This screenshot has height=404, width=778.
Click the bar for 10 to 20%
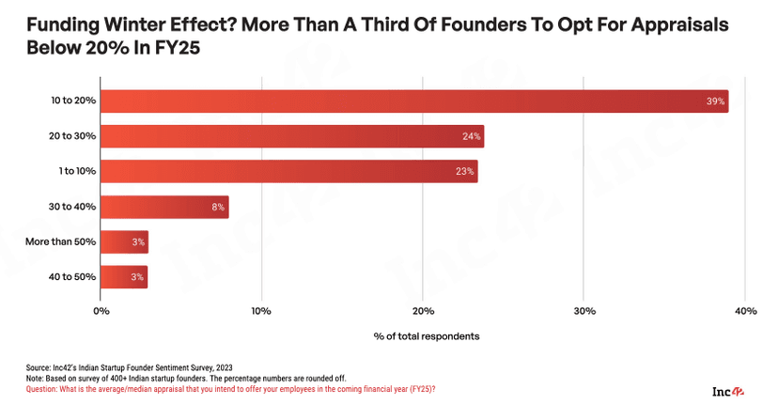click(413, 101)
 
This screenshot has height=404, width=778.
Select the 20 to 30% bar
click(291, 136)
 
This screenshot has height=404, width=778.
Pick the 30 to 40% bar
click(164, 207)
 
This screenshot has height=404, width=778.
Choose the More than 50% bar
click(124, 241)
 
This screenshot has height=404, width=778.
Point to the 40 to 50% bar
click(124, 276)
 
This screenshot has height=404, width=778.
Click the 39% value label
click(715, 101)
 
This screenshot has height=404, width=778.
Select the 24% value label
click(472, 136)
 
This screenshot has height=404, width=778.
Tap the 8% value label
click(218, 207)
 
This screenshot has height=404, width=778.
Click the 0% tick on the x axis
click(101, 311)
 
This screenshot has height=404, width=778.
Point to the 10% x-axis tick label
click(261, 311)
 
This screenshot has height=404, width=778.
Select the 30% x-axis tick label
click(583, 311)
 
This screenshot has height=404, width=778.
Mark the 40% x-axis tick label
click(745, 311)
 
